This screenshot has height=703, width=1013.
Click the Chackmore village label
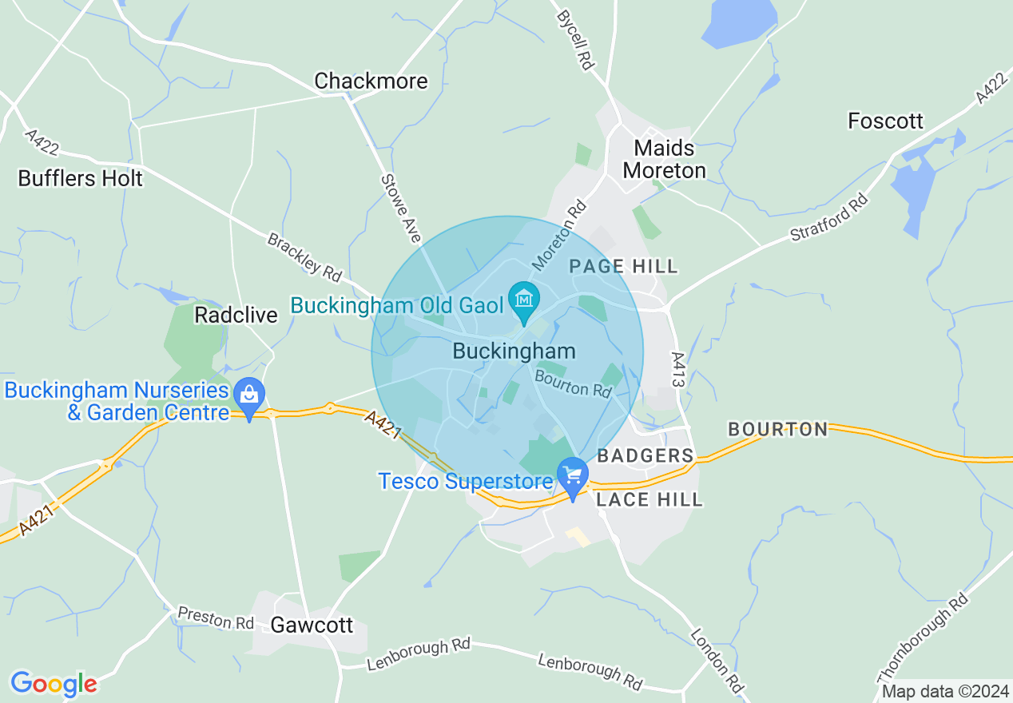(x=371, y=81)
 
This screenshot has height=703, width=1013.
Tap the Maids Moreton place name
(x=665, y=159)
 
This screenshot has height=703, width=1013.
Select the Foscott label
(x=885, y=121)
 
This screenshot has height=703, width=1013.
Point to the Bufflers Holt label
(x=81, y=178)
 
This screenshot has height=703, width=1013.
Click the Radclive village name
(x=236, y=315)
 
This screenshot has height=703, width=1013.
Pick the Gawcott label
(x=312, y=625)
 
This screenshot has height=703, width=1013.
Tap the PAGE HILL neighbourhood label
(x=623, y=266)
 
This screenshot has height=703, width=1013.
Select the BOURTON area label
(x=778, y=429)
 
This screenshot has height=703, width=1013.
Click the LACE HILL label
(x=650, y=500)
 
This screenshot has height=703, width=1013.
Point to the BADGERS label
(x=646, y=455)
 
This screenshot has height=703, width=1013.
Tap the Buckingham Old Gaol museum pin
(x=523, y=301)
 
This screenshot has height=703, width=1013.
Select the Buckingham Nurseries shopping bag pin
(x=249, y=395)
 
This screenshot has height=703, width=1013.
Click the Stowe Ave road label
(x=401, y=209)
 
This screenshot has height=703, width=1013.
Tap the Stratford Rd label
(x=828, y=216)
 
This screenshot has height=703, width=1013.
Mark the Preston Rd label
(x=216, y=618)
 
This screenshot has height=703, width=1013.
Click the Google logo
(x=54, y=684)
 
